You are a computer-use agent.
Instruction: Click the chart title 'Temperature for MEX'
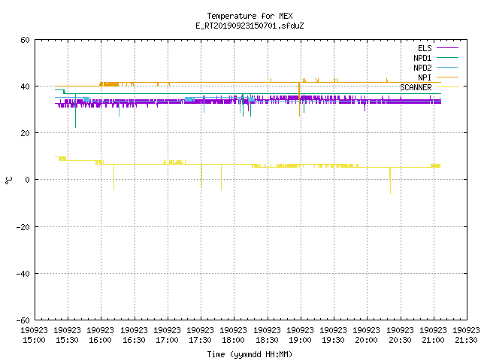[x=250, y=16]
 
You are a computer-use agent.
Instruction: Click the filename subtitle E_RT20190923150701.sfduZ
[x=250, y=26]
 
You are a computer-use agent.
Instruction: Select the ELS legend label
[x=425, y=48]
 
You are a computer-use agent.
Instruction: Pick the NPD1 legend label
[x=422, y=58]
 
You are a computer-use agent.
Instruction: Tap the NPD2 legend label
[x=422, y=68]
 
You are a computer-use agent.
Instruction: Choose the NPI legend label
[x=425, y=77]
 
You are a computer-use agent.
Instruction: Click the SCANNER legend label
[x=416, y=87]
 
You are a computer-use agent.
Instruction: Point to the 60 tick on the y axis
[x=25, y=40]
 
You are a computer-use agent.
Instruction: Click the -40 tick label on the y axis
[x=23, y=274]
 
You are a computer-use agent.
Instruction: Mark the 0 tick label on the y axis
[x=28, y=180]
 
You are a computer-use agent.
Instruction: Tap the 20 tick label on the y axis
[x=25, y=133]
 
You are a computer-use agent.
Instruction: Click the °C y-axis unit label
[x=8, y=180]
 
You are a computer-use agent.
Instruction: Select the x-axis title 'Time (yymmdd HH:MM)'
[x=250, y=354]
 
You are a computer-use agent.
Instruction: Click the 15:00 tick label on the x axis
[x=34, y=335]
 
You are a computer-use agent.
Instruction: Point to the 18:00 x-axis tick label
[x=234, y=335]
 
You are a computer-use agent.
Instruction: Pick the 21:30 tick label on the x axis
[x=466, y=335]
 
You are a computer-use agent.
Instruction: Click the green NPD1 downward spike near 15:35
[x=75, y=111]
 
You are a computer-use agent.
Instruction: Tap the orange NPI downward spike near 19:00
[x=299, y=99]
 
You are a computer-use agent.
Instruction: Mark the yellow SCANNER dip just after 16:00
[x=113, y=177]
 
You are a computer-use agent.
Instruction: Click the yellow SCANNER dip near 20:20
[x=390, y=180]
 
